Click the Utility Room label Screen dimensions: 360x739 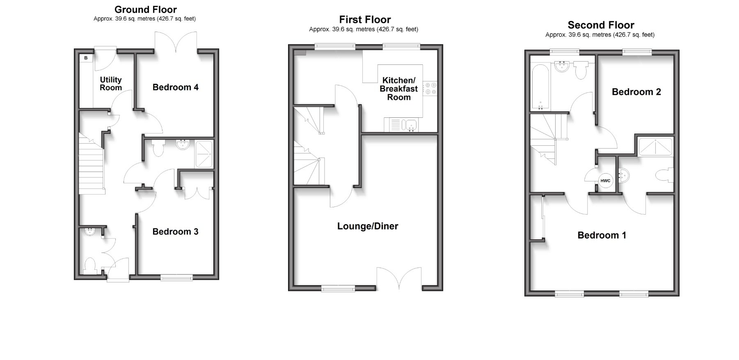tap(111, 84)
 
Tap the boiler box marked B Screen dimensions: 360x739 tap(86, 58)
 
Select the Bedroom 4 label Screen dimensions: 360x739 tap(175, 87)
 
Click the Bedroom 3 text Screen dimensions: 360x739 tap(175, 232)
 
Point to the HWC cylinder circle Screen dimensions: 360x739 tap(605, 181)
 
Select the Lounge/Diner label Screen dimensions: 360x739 tap(367, 226)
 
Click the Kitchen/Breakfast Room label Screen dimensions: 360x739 tap(398, 89)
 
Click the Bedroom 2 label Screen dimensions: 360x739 tap(636, 92)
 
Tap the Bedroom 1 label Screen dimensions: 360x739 tap(602, 235)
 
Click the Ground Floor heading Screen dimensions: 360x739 tap(145, 9)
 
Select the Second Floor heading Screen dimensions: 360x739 tap(601, 25)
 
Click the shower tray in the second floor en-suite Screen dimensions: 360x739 tap(655, 147)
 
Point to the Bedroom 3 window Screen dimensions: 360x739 tap(176, 277)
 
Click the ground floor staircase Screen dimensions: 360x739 tap(90, 164)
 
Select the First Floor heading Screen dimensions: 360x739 tap(365, 19)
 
